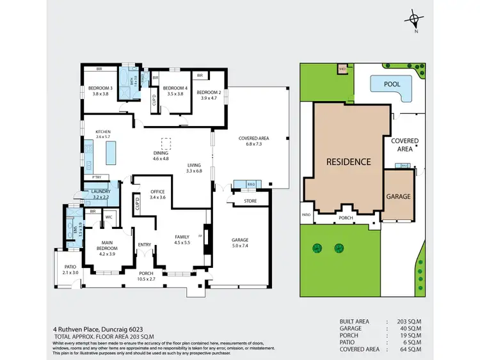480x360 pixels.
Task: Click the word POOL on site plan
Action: pyautogui.click(x=392, y=84)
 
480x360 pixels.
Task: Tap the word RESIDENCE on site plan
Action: pyautogui.click(x=348, y=162)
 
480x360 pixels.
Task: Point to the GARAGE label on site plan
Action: pyautogui.click(x=398, y=196)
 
